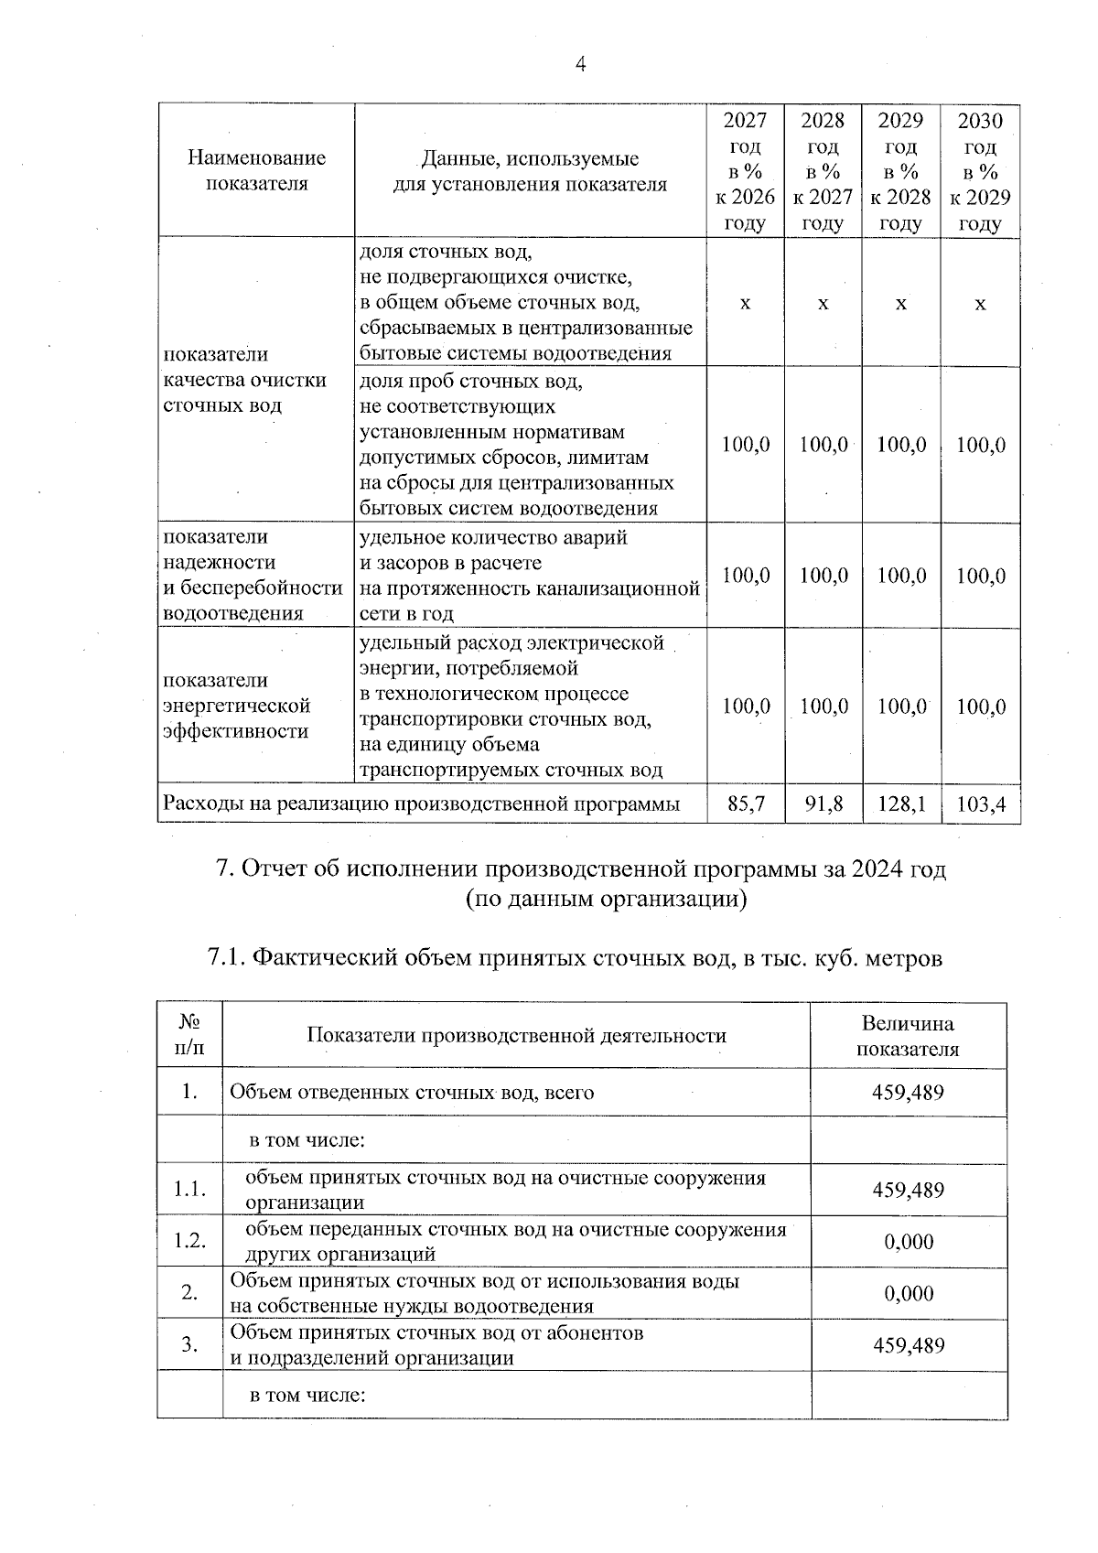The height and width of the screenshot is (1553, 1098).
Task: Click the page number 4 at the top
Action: click(578, 64)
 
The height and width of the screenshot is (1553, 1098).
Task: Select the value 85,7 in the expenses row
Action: click(745, 804)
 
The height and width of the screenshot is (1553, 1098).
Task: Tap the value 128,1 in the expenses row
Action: click(901, 804)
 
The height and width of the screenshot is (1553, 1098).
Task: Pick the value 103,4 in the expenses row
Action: click(981, 805)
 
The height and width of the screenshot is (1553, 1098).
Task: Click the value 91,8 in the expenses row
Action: click(823, 804)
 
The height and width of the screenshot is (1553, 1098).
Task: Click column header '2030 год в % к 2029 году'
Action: click(980, 172)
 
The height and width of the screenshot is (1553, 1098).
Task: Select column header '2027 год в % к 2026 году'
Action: click(745, 172)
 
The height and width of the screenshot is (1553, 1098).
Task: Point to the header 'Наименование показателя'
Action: click(256, 170)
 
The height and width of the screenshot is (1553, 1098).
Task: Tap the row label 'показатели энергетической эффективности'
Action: click(237, 706)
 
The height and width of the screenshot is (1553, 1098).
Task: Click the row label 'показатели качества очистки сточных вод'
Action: click(244, 380)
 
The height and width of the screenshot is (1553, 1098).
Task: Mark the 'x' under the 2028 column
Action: click(823, 303)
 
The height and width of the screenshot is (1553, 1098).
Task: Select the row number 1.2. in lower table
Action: click(190, 1241)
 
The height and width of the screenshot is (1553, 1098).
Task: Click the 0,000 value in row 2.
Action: click(908, 1293)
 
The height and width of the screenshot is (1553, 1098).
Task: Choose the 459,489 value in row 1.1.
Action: click(908, 1190)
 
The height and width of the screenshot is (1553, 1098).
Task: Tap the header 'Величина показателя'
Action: click(908, 1037)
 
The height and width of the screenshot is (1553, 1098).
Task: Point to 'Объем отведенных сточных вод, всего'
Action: click(412, 1092)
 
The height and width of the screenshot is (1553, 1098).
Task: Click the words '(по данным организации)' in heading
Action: click(606, 900)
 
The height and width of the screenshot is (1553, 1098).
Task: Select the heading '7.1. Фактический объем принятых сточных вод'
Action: click(575, 958)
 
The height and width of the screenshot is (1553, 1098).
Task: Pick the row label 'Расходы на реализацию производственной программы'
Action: click(421, 804)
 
